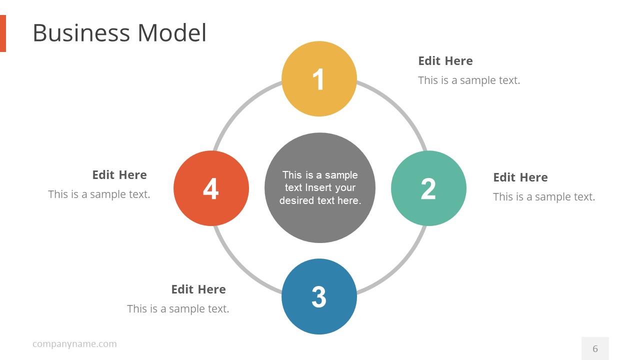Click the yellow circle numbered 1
click(x=319, y=79)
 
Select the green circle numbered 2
click(x=428, y=188)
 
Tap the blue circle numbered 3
click(x=319, y=296)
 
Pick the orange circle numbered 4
click(x=211, y=188)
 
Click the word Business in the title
click(x=81, y=33)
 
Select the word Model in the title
click(x=171, y=33)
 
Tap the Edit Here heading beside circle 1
click(x=445, y=61)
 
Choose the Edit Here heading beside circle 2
click(x=520, y=177)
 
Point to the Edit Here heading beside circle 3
click(x=198, y=289)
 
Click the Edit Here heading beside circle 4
click(x=119, y=175)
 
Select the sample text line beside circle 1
click(x=469, y=80)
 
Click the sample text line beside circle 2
click(x=544, y=196)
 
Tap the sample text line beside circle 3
click(x=178, y=309)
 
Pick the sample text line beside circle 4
click(x=99, y=194)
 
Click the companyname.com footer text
click(x=74, y=344)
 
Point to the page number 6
click(x=595, y=348)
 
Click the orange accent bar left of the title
click(x=3, y=33)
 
